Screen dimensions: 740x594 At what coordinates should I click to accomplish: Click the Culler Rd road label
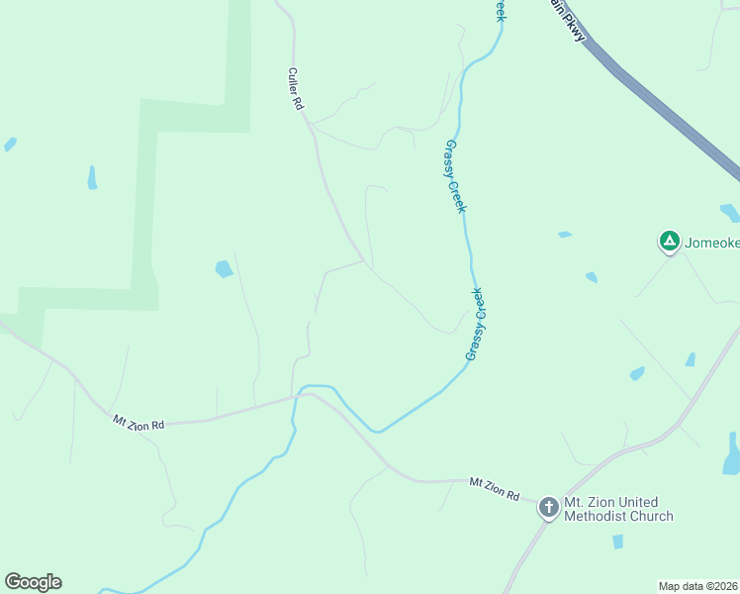tap(294, 89)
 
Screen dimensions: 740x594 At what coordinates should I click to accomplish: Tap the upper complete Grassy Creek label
tap(455, 175)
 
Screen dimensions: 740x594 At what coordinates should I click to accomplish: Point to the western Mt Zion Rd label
tap(138, 423)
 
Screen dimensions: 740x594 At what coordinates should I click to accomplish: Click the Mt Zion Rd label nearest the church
tap(494, 488)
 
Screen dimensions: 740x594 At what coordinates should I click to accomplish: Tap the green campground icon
tap(670, 241)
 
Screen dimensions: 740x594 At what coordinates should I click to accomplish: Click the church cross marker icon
tap(548, 509)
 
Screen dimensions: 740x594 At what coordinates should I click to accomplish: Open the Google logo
tap(33, 582)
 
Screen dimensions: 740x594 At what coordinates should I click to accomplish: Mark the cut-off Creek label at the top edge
tap(501, 9)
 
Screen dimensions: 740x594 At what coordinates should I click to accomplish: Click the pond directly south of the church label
tap(617, 542)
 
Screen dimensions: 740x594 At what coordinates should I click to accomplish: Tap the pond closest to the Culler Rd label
tap(225, 268)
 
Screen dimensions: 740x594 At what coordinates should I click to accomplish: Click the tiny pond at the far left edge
tap(10, 144)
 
